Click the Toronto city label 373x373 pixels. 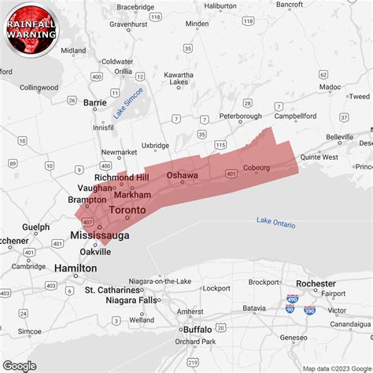point(127,211)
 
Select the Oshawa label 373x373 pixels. point(182,175)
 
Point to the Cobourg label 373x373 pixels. point(256,167)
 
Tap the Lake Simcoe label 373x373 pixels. point(128,103)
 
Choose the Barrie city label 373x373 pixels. point(94,102)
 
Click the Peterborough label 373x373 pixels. point(240,116)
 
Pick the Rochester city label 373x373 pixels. point(317,283)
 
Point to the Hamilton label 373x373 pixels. point(76,268)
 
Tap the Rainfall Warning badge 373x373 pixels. point(31,30)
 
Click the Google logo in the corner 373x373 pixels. point(20,365)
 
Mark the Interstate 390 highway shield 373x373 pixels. point(309,312)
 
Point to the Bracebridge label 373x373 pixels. point(135,7)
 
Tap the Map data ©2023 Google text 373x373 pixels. point(337,367)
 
